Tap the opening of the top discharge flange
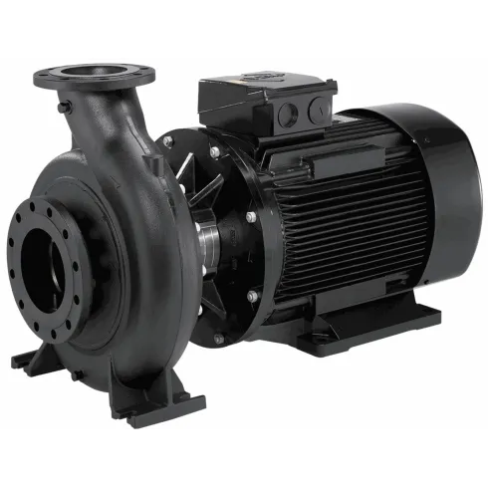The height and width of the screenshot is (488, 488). coord(95,71)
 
